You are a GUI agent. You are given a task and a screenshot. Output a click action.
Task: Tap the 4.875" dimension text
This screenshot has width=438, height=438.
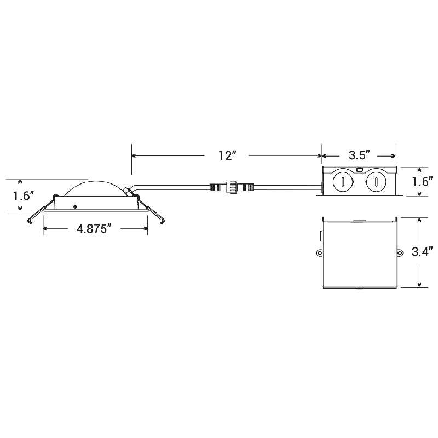94,229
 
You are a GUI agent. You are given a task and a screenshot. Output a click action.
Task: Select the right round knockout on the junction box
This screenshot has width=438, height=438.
377,181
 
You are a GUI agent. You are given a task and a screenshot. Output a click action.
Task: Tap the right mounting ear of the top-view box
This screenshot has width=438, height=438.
399,253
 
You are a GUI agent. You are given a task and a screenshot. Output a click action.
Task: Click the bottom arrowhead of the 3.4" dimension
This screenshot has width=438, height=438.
419,284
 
